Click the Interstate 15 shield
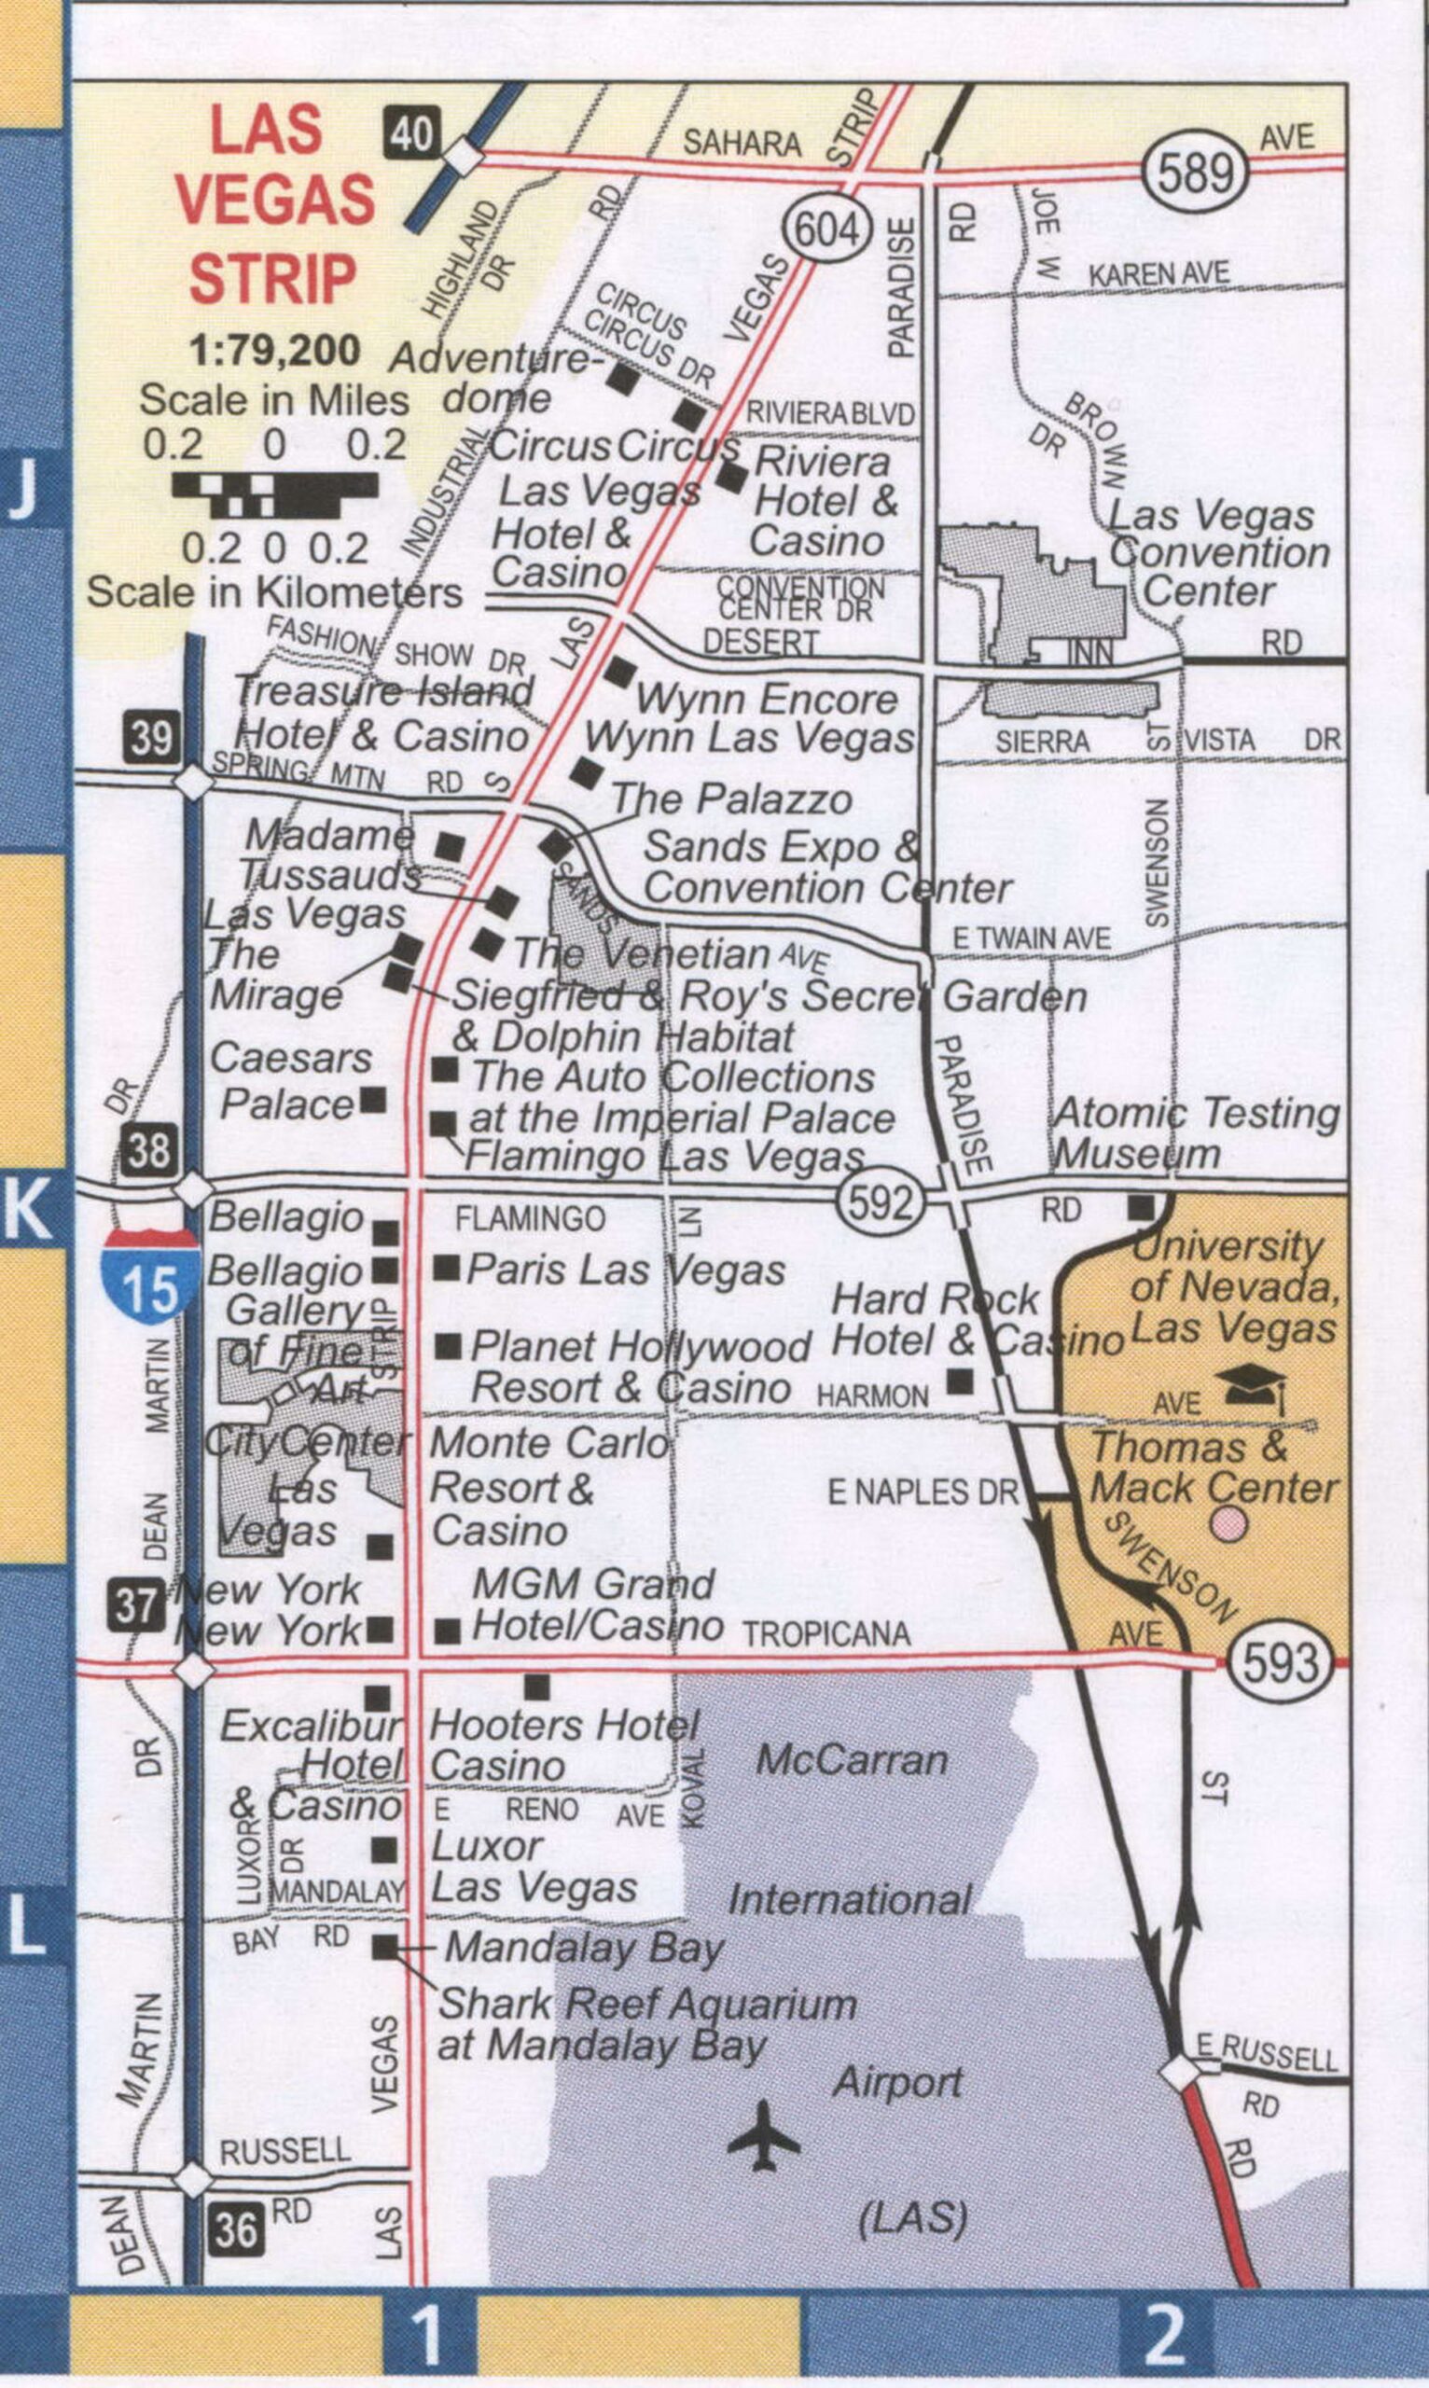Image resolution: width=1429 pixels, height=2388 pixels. click(151, 1277)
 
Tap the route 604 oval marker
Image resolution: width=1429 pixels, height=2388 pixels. click(827, 230)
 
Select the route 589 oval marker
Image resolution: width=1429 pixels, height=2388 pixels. click(1196, 174)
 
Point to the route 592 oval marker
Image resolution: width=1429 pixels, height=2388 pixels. click(880, 1201)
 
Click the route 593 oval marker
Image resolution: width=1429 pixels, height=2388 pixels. click(1280, 1661)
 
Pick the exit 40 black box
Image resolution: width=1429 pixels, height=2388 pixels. click(413, 132)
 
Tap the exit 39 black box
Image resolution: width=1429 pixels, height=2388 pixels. click(151, 738)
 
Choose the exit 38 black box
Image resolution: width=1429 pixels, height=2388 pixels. click(149, 1150)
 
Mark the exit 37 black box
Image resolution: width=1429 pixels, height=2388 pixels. click(136, 1605)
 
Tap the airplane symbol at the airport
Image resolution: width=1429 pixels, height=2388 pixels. click(763, 2136)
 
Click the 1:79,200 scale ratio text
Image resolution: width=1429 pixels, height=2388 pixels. click(275, 351)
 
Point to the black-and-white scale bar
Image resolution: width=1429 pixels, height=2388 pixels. click(274, 494)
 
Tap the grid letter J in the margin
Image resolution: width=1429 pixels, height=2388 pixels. click(25, 488)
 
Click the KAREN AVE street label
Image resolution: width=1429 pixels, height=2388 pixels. click(1158, 274)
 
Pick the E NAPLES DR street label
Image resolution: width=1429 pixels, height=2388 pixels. click(923, 1492)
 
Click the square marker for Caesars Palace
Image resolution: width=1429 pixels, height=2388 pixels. click(373, 1099)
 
